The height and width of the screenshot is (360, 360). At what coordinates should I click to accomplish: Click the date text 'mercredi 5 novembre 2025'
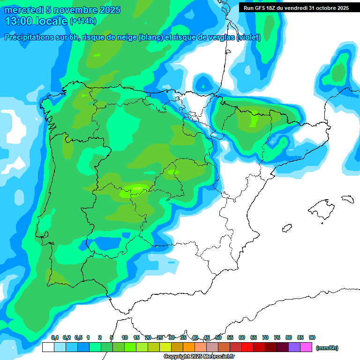pyautogui.click(x=62, y=10)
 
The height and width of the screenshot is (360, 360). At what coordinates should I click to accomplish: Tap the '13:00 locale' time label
pyautogui.click(x=37, y=21)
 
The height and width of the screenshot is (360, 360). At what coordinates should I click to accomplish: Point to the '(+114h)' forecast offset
pyautogui.click(x=83, y=21)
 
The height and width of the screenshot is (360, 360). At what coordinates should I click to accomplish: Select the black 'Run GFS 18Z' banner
pyautogui.click(x=296, y=7)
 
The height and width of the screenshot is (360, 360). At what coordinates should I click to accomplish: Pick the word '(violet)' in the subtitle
pyautogui.click(x=248, y=37)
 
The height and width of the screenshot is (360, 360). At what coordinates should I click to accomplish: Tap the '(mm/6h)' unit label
pyautogui.click(x=327, y=348)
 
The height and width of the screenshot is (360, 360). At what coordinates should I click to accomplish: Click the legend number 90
pyautogui.click(x=312, y=338)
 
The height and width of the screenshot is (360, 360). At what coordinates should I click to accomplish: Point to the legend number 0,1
pyautogui.click(x=55, y=338)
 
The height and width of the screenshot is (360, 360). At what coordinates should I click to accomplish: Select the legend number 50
pyautogui.click(x=218, y=338)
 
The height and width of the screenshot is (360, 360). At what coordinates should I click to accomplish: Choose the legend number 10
pyautogui.click(x=125, y=338)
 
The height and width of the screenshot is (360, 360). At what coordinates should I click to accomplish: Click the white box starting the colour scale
pyautogui.click(x=48, y=347)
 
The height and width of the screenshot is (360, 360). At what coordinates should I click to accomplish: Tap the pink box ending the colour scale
pyautogui.click(x=306, y=347)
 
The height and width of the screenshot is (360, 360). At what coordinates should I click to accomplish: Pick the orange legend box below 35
pyautogui.click(x=189, y=347)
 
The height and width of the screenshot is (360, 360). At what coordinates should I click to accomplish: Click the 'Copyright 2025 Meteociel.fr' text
pyautogui.click(x=199, y=357)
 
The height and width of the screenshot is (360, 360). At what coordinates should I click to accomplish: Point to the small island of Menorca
pyautogui.click(x=347, y=199)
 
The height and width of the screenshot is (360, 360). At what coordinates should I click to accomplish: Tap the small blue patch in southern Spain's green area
pyautogui.click(x=126, y=235)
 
